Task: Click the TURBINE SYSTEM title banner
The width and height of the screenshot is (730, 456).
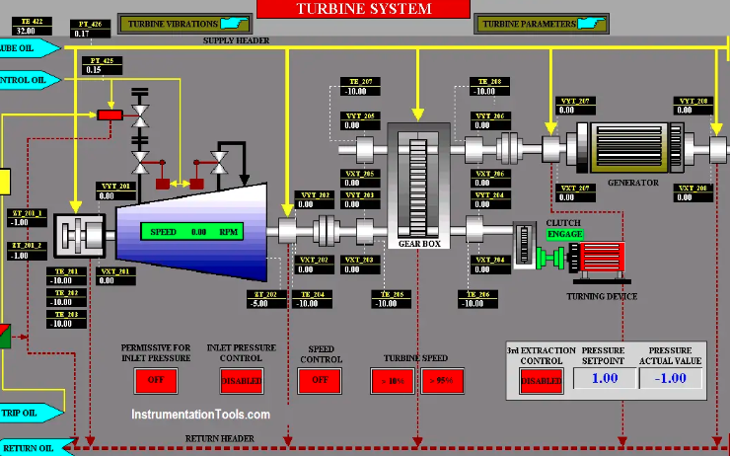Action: (364, 9)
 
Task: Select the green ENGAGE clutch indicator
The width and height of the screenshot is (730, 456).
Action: (565, 234)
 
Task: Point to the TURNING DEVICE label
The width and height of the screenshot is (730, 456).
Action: (602, 296)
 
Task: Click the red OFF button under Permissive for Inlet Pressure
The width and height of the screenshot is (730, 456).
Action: (156, 380)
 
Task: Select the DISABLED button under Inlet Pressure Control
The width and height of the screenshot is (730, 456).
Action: (242, 380)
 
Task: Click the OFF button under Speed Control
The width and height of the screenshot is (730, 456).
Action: (320, 380)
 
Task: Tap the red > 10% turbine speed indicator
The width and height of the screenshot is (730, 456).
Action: (393, 381)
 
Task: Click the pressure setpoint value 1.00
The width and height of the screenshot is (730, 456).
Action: (603, 378)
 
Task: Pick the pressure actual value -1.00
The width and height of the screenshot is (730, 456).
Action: (671, 378)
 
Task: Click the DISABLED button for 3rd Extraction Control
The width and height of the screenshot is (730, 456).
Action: (542, 380)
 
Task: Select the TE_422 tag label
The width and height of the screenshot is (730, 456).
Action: (31, 21)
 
